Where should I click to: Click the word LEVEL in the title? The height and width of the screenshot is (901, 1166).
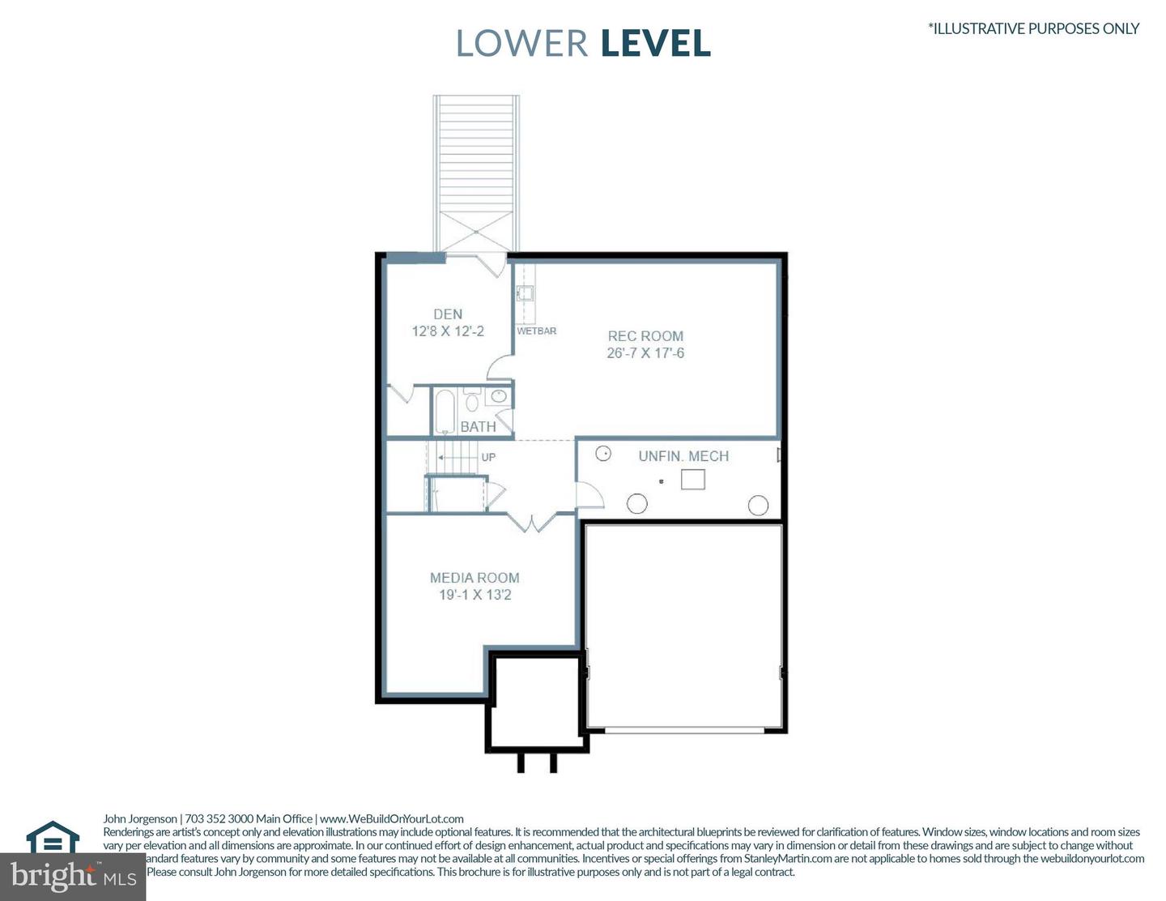coord(656,44)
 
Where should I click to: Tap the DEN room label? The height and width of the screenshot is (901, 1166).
coord(448,314)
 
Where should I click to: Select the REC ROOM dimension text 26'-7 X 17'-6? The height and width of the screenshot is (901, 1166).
coord(645,353)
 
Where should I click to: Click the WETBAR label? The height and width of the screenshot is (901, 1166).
coord(537,331)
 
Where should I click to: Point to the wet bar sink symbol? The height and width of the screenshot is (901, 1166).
coord(525,293)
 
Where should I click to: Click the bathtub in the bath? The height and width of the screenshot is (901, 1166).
coord(445,412)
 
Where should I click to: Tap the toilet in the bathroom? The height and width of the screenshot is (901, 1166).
coord(471,400)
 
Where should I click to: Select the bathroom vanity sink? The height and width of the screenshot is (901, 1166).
coord(499,396)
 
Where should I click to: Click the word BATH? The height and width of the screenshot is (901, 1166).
coord(478,426)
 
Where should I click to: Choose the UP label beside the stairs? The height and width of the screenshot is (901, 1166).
coord(488,457)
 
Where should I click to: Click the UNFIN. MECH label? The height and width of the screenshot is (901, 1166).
coord(683,456)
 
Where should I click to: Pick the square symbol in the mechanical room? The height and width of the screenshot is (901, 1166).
coord(692,480)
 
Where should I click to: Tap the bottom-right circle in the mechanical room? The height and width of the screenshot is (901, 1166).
coord(758,506)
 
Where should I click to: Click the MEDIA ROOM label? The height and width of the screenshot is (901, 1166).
coord(474,578)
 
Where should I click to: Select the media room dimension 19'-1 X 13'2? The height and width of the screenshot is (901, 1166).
coord(474,595)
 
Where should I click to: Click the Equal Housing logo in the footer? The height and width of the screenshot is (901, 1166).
coord(53,838)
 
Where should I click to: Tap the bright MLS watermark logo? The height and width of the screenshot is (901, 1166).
coord(73,876)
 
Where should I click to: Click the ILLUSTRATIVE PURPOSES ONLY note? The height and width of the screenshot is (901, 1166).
coord(1033,28)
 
